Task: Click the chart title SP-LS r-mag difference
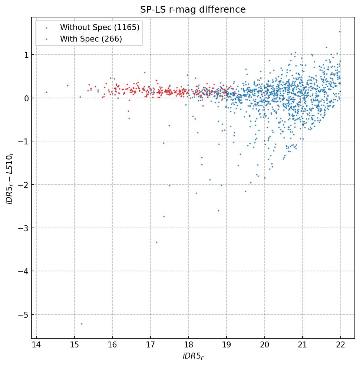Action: pyautogui.click(x=193, y=10)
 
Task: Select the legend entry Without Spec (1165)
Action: pyautogui.click(x=99, y=27)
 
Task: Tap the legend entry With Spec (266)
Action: pyautogui.click(x=91, y=39)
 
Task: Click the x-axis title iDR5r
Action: pyautogui.click(x=193, y=356)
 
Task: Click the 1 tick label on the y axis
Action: pyautogui.click(x=26, y=55)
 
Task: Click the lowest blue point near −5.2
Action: pyautogui.click(x=82, y=324)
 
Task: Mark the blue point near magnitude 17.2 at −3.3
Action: pyautogui.click(x=156, y=242)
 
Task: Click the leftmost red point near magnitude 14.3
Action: pyautogui.click(x=46, y=92)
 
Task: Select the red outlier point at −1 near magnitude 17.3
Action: pyautogui.click(x=164, y=143)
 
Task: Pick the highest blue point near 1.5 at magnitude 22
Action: pyautogui.click(x=340, y=32)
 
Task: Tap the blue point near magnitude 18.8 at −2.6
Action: pyautogui.click(x=218, y=210)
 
